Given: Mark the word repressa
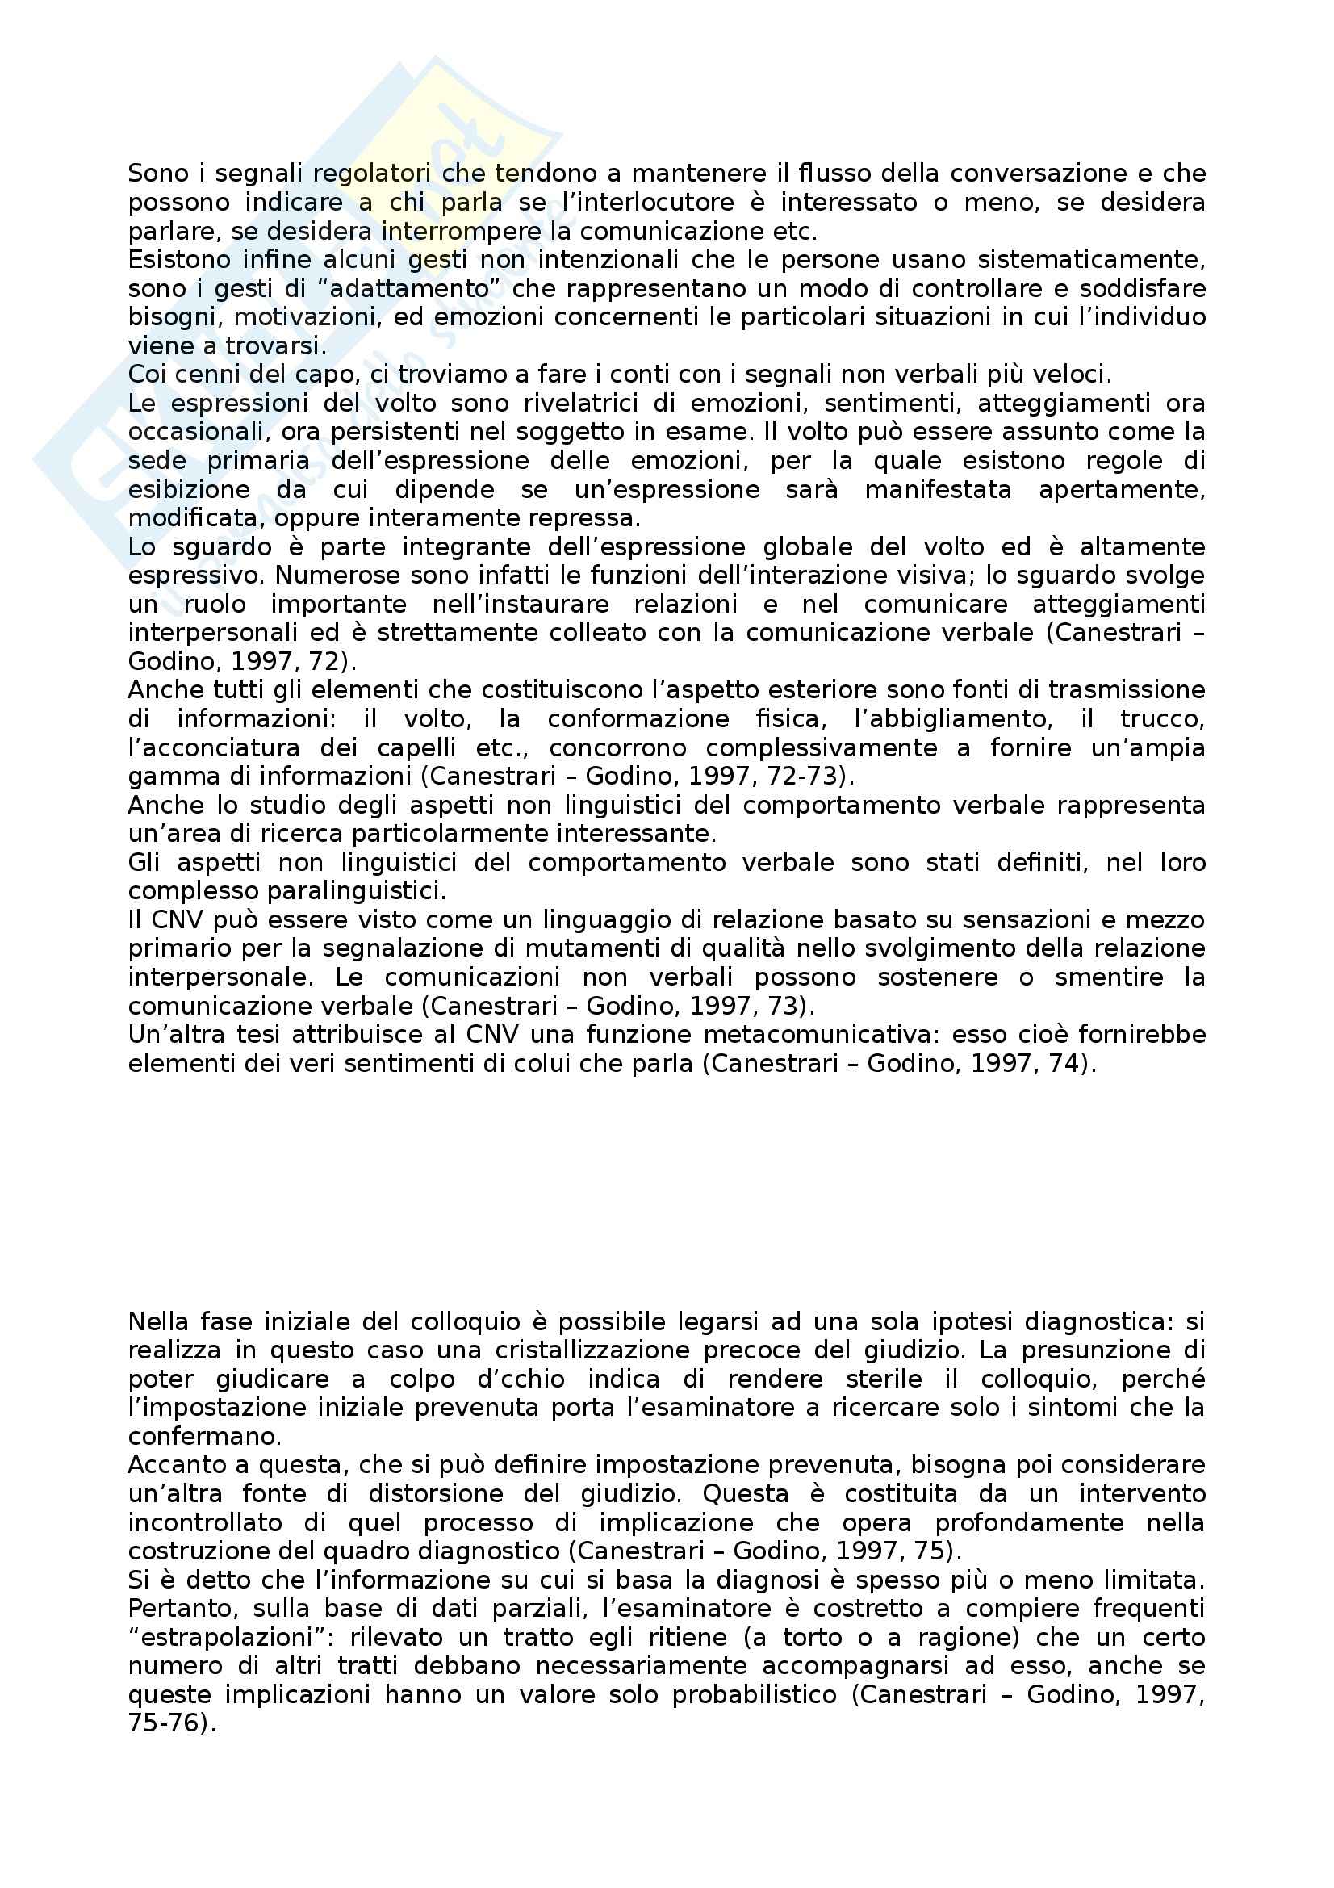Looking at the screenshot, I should (x=584, y=519).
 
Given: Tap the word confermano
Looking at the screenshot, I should (x=205, y=1437).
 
